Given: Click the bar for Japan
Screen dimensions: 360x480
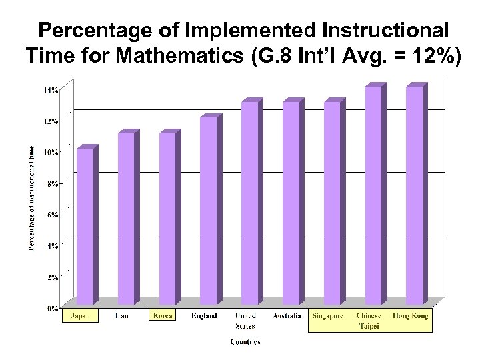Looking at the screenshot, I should pyautogui.click(x=85, y=227).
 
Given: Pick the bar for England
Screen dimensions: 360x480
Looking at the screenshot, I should pyautogui.click(x=208, y=211).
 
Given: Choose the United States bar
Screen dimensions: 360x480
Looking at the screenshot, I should pyautogui.click(x=249, y=203).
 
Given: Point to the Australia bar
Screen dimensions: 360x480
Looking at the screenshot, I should pyautogui.click(x=291, y=203).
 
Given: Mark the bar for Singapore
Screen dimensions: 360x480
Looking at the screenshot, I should pyautogui.click(x=332, y=203).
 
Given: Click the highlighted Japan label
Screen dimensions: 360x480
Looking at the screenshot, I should pyautogui.click(x=81, y=315).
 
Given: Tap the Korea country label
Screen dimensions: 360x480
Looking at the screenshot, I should pyautogui.click(x=163, y=315).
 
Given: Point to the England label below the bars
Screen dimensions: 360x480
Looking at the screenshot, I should pyautogui.click(x=203, y=315).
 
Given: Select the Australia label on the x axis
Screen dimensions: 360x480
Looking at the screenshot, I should pyautogui.click(x=287, y=315).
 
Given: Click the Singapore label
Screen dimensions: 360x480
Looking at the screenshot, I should pyautogui.click(x=328, y=315).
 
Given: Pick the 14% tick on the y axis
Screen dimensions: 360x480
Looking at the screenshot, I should pyautogui.click(x=51, y=90).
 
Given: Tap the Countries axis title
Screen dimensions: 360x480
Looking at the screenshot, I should pyautogui.click(x=245, y=342).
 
